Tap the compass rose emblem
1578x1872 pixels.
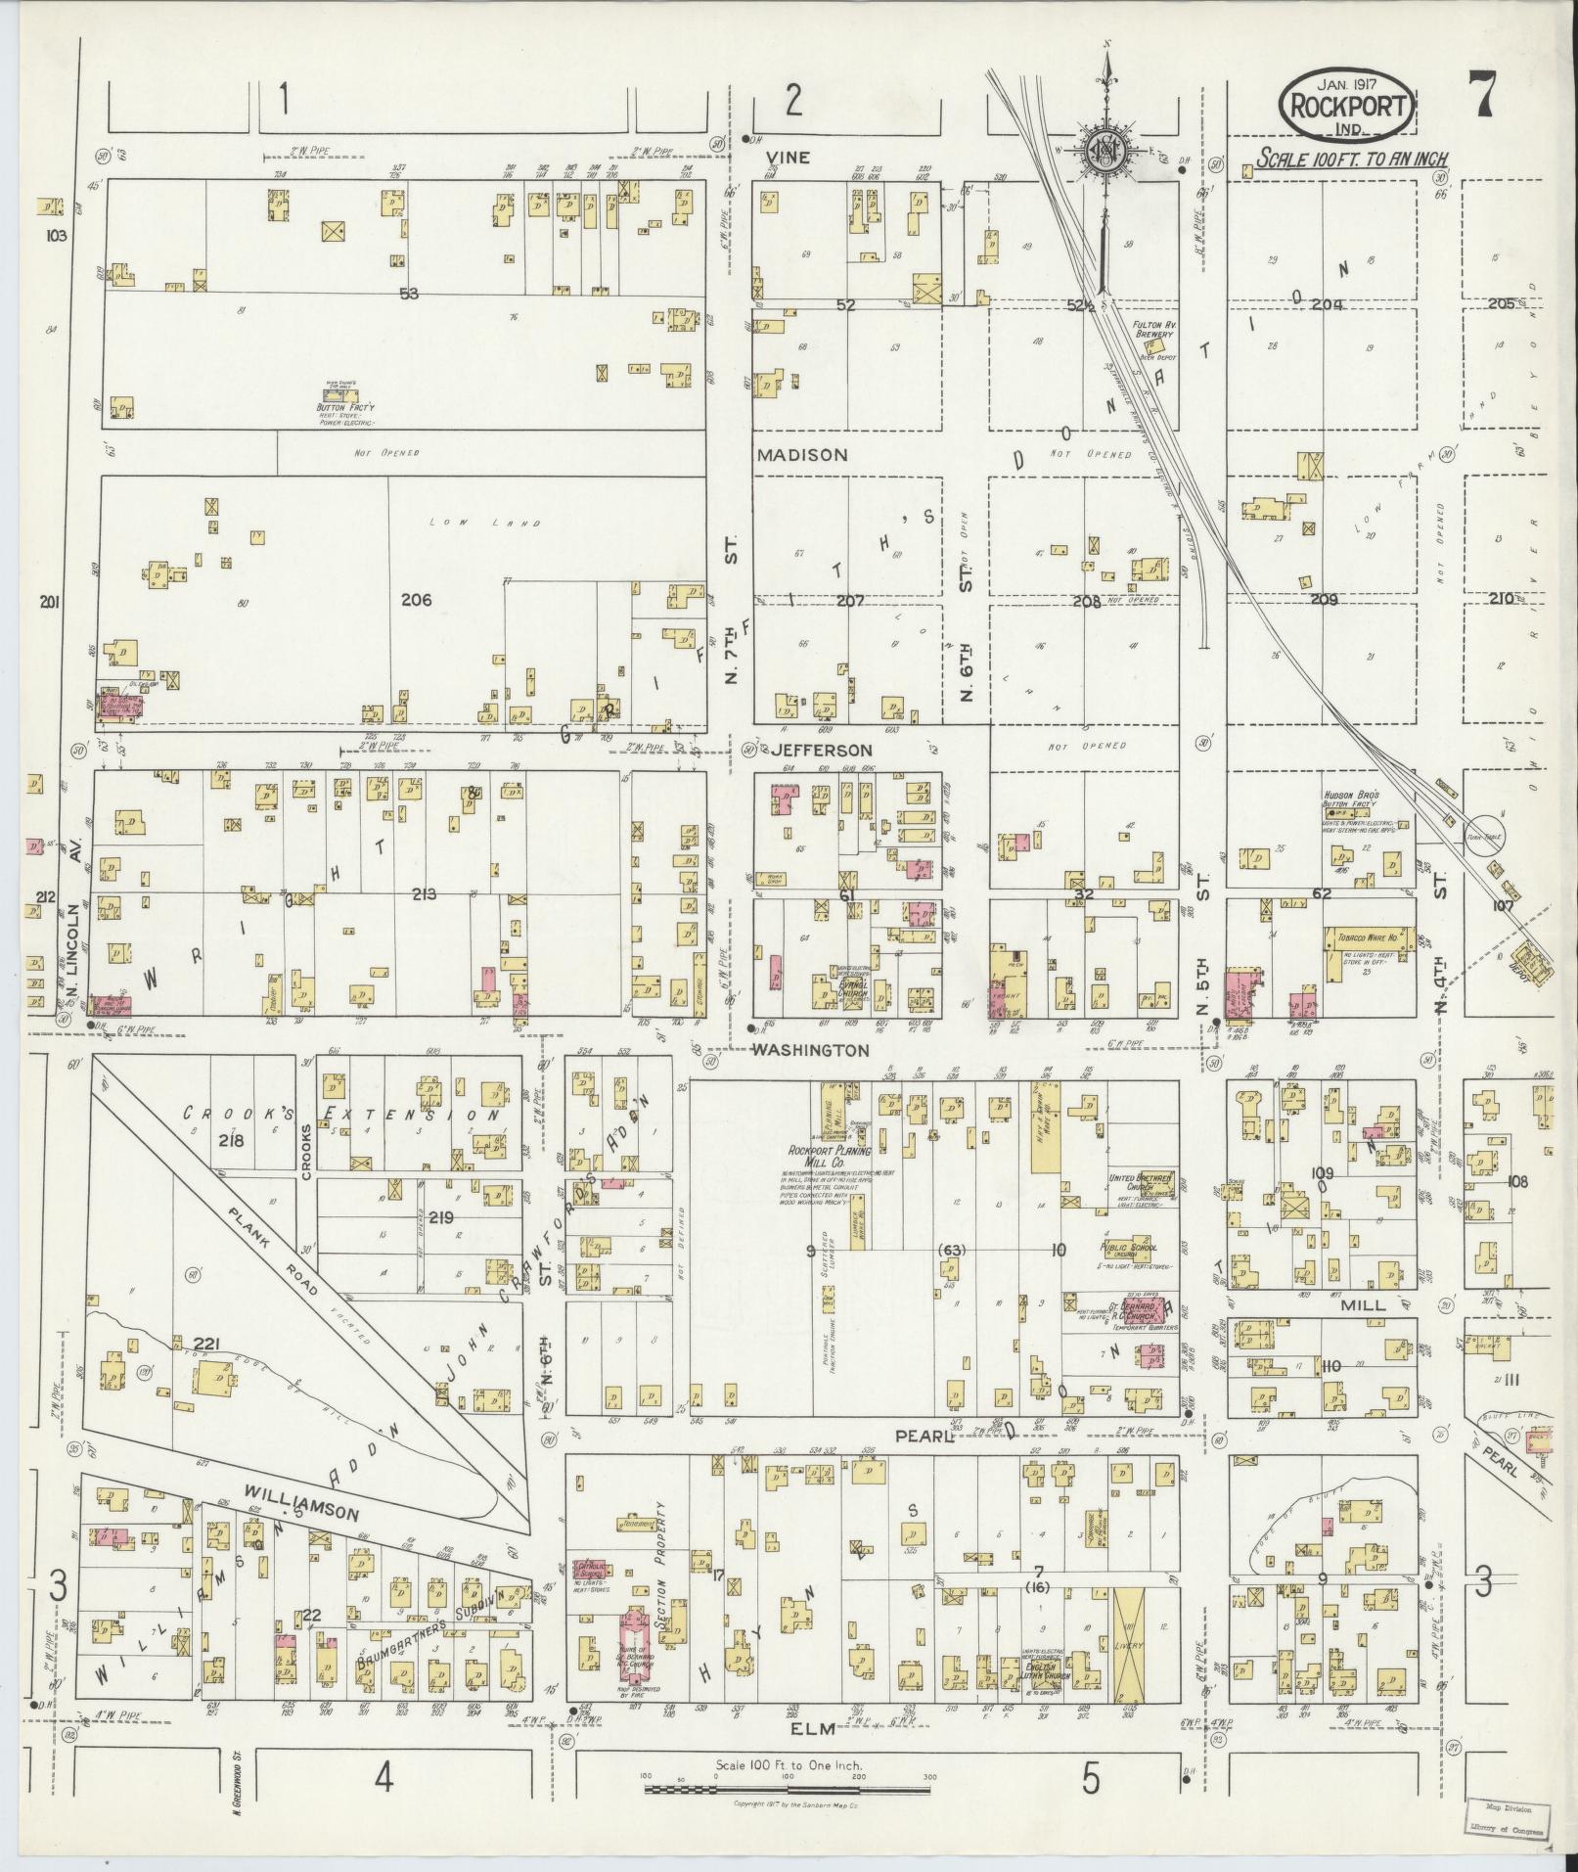tap(1105, 152)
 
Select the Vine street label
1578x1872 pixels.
tap(788, 157)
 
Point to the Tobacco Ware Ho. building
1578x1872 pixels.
tap(1368, 936)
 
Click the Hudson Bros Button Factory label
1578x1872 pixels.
tap(1351, 799)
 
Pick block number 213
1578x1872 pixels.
tap(424, 893)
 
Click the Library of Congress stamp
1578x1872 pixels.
tap(1512, 1818)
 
